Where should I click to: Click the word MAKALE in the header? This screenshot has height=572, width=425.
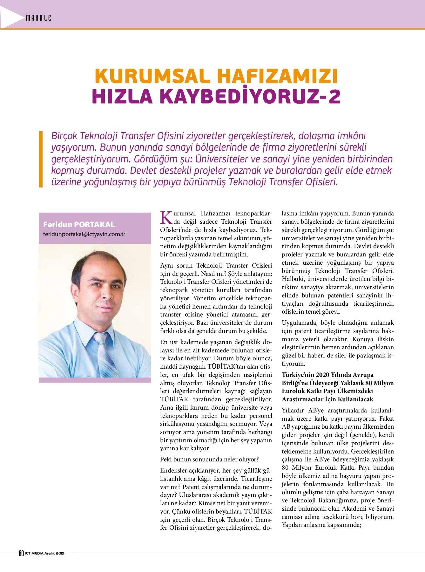(38, 18)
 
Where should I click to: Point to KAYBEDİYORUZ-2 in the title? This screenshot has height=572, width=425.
(248, 97)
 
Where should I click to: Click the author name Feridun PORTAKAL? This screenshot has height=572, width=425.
(79, 225)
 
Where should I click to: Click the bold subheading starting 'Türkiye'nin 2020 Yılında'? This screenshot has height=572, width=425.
(337, 387)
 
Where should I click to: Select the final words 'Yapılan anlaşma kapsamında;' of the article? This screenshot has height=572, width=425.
(322, 525)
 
